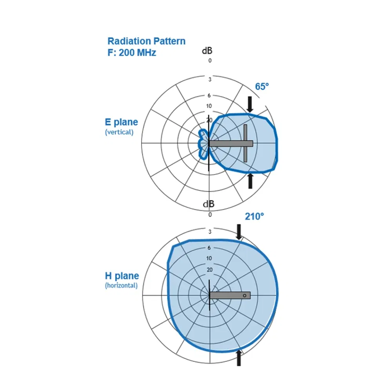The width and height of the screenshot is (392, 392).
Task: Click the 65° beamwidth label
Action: (262, 87)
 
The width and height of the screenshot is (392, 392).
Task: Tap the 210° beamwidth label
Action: (254, 216)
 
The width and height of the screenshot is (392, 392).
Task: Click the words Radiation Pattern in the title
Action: (147, 41)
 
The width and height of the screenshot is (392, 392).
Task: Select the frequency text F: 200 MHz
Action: (132, 53)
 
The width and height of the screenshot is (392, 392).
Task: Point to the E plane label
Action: (122, 122)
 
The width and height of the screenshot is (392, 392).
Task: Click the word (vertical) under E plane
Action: (119, 132)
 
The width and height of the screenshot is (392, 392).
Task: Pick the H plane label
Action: (122, 276)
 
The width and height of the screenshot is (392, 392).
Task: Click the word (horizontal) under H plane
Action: (121, 285)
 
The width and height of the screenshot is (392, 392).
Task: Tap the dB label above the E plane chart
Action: (207, 51)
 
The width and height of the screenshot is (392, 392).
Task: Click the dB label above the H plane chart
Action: (209, 204)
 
